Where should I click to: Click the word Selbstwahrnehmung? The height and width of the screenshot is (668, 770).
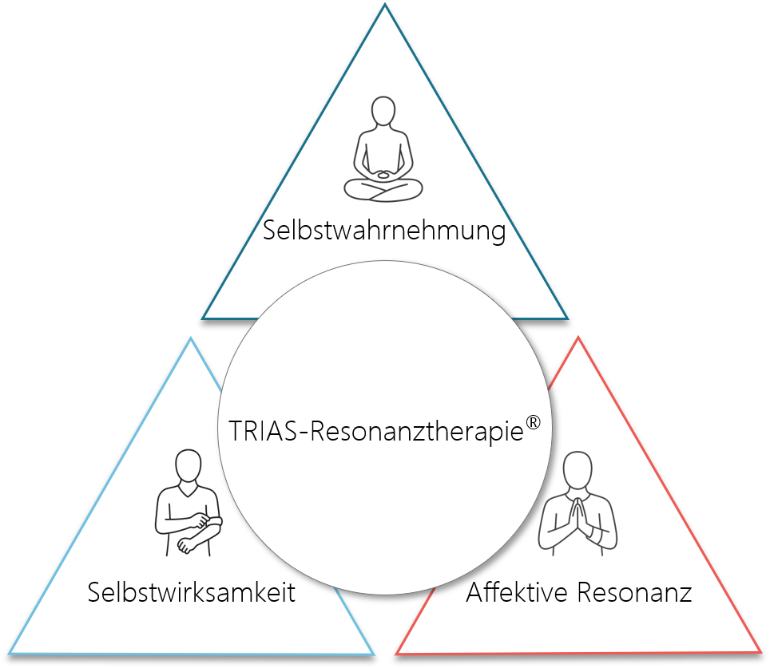(x=384, y=231)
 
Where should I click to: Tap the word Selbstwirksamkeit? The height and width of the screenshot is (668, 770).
(x=192, y=594)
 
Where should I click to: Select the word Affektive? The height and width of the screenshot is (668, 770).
(x=517, y=593)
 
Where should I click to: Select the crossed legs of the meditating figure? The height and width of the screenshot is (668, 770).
(x=383, y=190)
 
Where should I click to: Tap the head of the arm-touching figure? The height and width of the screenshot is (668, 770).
(x=188, y=464)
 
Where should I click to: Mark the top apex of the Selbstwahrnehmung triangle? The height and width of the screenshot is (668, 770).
(x=385, y=6)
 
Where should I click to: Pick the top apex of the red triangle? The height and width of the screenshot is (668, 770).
(x=577, y=338)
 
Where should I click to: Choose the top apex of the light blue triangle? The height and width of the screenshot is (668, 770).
(x=190, y=338)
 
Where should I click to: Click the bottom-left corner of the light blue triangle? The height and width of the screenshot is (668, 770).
(x=6, y=654)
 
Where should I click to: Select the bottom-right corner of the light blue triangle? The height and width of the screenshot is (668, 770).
(x=372, y=654)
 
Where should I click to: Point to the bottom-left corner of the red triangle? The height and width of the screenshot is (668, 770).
(x=397, y=652)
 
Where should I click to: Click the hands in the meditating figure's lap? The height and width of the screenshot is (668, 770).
(x=384, y=174)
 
